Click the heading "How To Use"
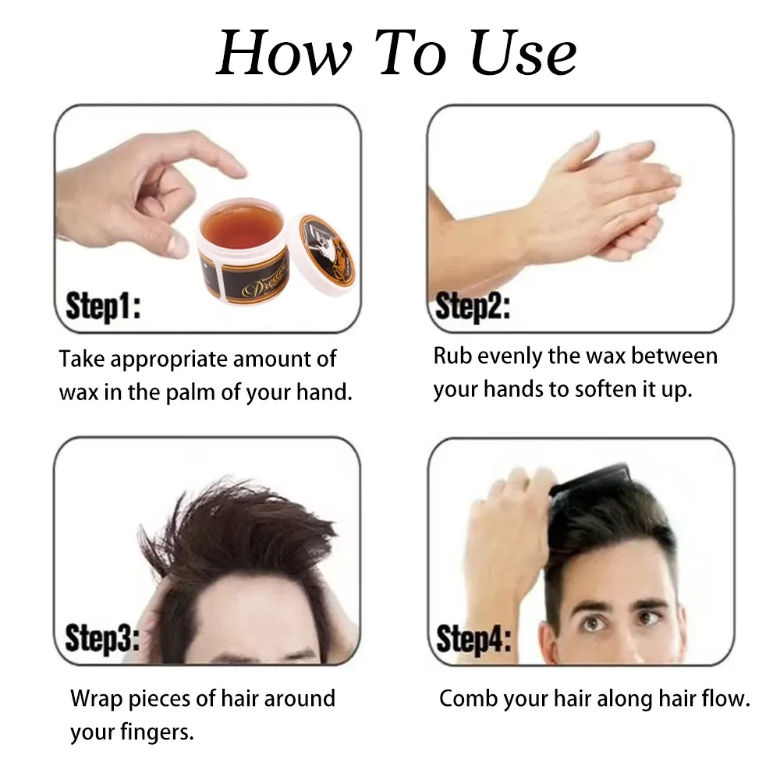396,53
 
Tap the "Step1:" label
103,306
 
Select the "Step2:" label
473,307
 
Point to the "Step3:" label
102,638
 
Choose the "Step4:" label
473,640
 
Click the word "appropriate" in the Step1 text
168,360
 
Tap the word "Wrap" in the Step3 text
97,699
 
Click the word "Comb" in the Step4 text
468,698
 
